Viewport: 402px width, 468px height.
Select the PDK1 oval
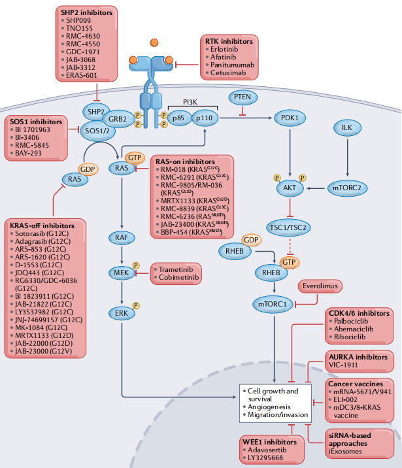pyautogui.click(x=289, y=118)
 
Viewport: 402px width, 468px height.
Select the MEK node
pyautogui.click(x=122, y=273)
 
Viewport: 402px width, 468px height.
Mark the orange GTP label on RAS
pyautogui.click(x=135, y=158)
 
